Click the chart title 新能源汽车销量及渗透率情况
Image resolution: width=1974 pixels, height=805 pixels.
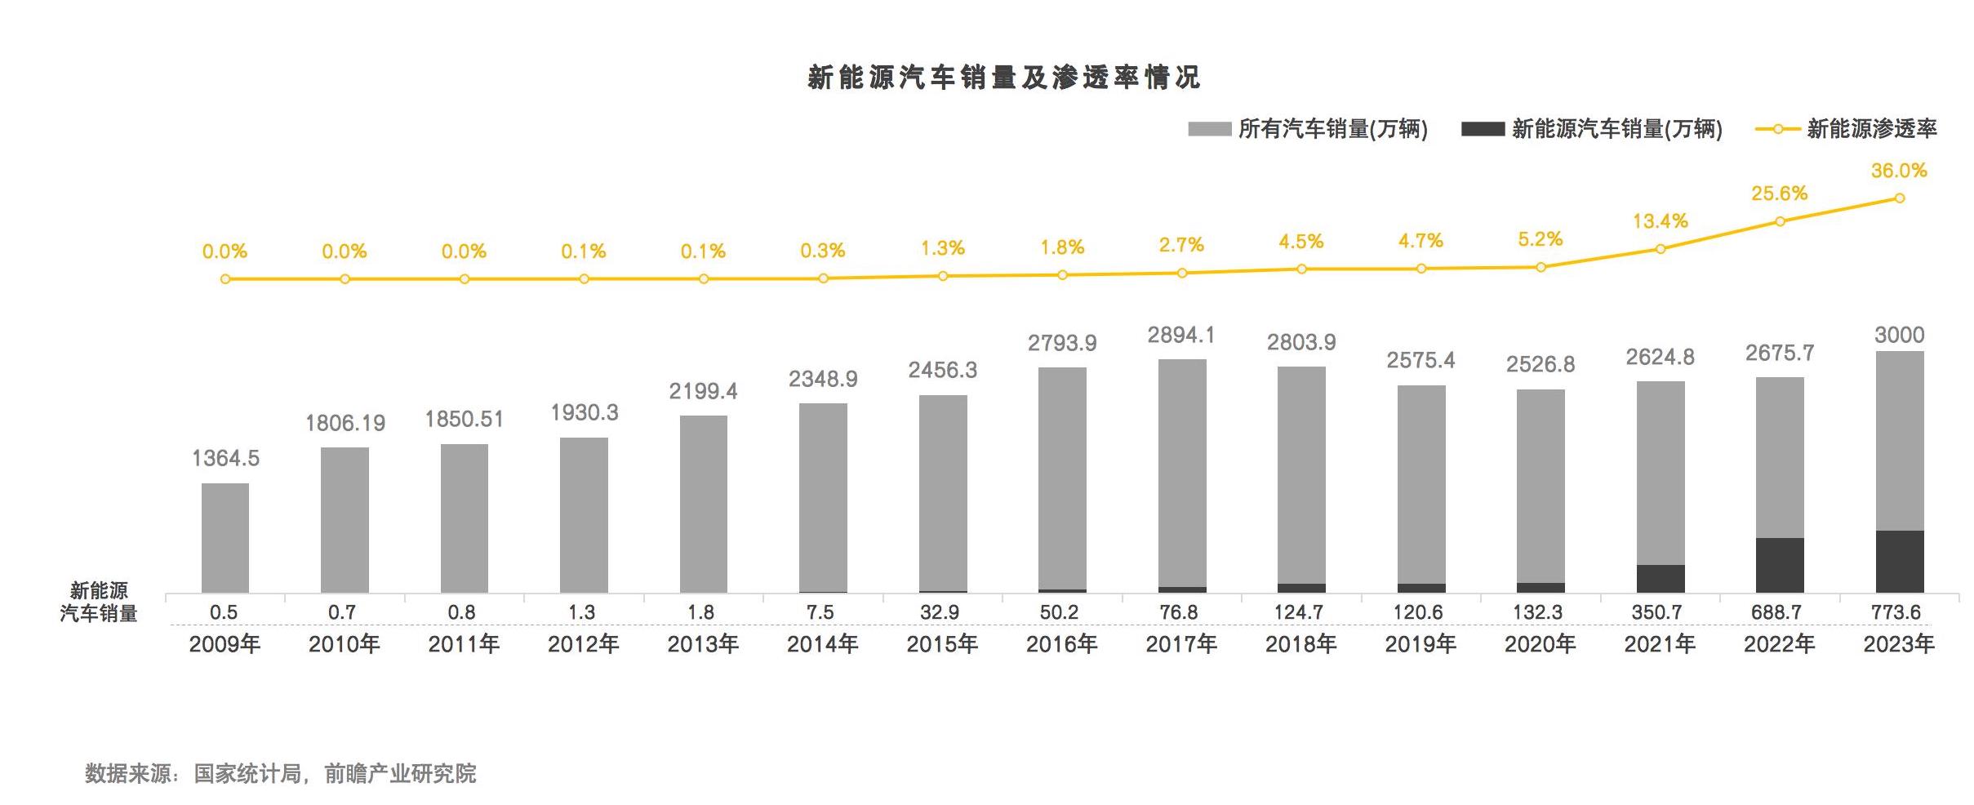pos(1003,78)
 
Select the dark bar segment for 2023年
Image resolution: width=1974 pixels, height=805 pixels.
pos(1899,561)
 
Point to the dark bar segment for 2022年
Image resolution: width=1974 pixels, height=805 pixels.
pos(1780,565)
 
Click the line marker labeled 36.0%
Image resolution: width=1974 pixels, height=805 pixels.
pos(1899,198)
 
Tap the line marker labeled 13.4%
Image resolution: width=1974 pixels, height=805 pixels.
pos(1661,248)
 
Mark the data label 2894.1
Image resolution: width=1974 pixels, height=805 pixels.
pos(1181,335)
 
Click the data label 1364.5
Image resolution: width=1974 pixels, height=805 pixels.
pos(225,458)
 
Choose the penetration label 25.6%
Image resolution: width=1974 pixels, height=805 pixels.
pos(1780,193)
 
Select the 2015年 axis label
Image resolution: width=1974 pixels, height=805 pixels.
pos(942,644)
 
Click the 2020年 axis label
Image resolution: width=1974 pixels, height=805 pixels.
pos(1541,644)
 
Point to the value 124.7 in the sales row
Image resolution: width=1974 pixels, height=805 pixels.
pos(1299,612)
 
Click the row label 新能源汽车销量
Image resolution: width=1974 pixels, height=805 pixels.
pos(99,602)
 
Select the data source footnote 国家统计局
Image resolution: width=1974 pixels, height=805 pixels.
pos(247,773)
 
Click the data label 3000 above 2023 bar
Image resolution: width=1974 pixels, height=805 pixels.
pos(1899,335)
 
